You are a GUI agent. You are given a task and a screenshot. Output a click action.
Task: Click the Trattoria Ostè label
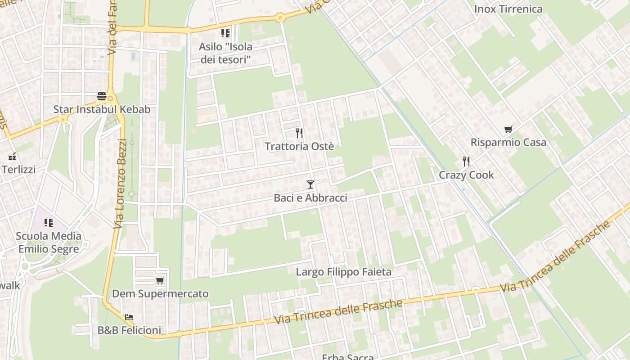(x=299, y=147)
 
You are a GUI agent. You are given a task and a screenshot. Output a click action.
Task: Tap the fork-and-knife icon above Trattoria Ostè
(x=299, y=133)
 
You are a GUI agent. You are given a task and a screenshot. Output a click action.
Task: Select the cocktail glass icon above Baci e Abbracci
(x=310, y=184)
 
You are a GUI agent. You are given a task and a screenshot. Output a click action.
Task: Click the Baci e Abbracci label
(x=310, y=198)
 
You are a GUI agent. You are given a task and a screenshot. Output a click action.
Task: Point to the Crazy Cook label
(x=466, y=175)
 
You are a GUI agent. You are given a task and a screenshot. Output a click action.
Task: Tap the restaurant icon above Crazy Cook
(x=466, y=162)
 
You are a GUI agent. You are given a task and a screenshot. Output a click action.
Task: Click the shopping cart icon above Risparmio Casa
(x=508, y=130)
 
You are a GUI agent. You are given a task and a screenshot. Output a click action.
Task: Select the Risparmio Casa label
(x=508, y=143)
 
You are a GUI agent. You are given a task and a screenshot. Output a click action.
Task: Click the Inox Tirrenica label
(x=508, y=9)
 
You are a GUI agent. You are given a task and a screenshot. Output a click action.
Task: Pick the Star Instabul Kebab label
(x=102, y=109)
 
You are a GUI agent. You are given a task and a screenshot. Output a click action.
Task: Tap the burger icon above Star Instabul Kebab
(x=102, y=96)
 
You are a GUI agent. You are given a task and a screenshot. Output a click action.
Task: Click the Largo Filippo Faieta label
(x=343, y=272)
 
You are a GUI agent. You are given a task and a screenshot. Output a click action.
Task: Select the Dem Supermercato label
(x=160, y=294)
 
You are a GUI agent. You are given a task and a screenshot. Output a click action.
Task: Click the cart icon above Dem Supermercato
(x=160, y=281)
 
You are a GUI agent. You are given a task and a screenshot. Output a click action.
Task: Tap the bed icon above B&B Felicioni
(x=129, y=317)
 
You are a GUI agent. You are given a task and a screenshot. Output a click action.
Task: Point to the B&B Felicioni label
(x=129, y=330)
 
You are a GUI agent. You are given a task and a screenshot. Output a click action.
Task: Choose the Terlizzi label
(x=18, y=170)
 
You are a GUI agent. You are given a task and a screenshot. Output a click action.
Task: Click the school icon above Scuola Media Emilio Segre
(x=49, y=223)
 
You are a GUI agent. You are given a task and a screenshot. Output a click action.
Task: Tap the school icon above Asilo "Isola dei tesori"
(x=225, y=33)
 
